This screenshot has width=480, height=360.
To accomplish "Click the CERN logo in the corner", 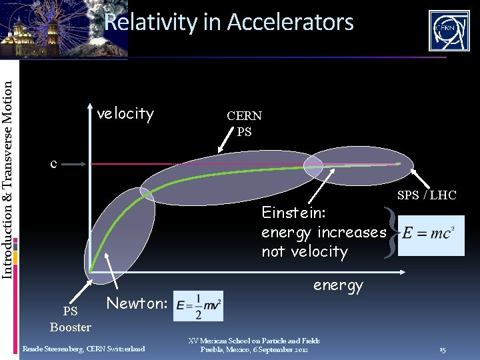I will pos(448,31).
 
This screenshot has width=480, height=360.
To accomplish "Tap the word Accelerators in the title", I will pos(290,23).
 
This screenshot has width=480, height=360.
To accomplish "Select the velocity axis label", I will pos(125,114).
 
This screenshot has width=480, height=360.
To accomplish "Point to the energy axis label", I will pos(338,285).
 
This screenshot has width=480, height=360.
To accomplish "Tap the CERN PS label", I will pos(244,123).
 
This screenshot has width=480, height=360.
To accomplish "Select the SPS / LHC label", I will pos(427,195).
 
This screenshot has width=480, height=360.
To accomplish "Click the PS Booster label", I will pos(70,319).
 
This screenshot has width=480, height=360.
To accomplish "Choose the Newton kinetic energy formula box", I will pos(199,306).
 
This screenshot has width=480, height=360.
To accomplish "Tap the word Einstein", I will pos(293,213).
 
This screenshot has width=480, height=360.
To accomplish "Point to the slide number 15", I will pos(443,350).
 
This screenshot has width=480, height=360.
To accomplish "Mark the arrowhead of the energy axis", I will pos(404,271).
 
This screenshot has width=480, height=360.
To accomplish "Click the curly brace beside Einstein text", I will pos(392,232).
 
